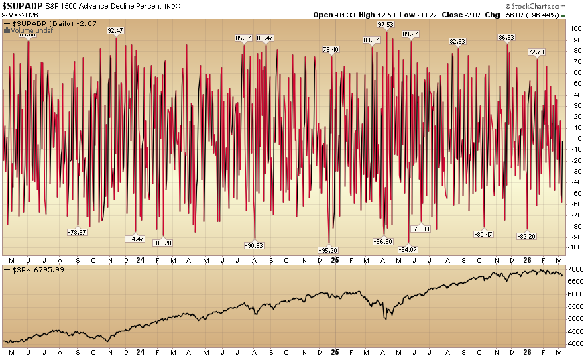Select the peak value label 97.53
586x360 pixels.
click(386, 24)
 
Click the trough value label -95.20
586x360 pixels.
click(329, 249)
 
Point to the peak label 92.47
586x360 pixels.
click(115, 30)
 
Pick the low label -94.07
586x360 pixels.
click(408, 249)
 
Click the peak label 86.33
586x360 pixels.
click(506, 38)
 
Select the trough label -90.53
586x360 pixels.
click(255, 245)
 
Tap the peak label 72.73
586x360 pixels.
click(536, 52)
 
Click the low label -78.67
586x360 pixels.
click(78, 232)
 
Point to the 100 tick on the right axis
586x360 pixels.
click(574, 29)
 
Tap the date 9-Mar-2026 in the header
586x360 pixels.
click(19, 15)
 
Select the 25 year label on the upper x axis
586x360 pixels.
click(336, 259)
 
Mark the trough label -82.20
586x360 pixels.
click(527, 235)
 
